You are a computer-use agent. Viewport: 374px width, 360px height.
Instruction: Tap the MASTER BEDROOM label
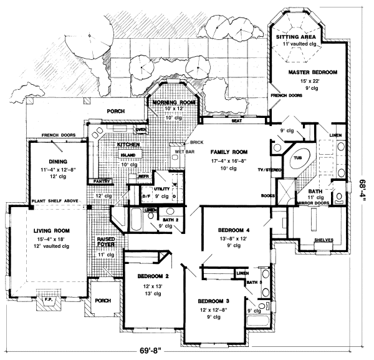312,73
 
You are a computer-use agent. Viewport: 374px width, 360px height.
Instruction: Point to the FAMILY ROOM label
229,152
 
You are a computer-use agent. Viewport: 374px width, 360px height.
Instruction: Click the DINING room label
51,160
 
